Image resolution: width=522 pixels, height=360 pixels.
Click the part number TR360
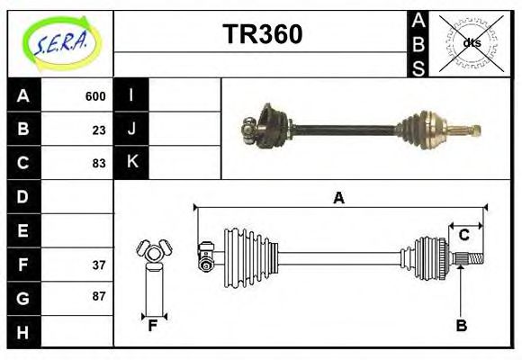tap(262, 34)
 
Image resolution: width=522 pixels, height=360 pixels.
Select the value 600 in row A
tap(95, 96)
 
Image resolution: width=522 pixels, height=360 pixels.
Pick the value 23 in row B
tap(99, 130)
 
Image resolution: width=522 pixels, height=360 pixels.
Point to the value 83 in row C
tap(99, 164)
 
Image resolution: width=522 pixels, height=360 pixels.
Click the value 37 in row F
tap(99, 265)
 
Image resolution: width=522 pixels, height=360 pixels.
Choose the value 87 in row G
tap(99, 296)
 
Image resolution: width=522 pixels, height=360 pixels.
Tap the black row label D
tap(23, 196)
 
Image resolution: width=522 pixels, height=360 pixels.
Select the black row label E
tap(23, 230)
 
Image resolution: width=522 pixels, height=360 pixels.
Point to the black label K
tap(132, 162)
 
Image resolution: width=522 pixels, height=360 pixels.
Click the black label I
tap(132, 94)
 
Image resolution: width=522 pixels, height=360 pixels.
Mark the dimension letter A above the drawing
tap(338, 198)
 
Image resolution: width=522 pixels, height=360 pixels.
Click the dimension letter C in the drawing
tap(464, 236)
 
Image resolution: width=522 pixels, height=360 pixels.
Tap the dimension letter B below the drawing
tap(461, 326)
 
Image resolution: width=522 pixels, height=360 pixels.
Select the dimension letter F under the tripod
tap(153, 326)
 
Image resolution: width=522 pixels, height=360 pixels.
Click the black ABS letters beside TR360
tap(418, 43)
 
